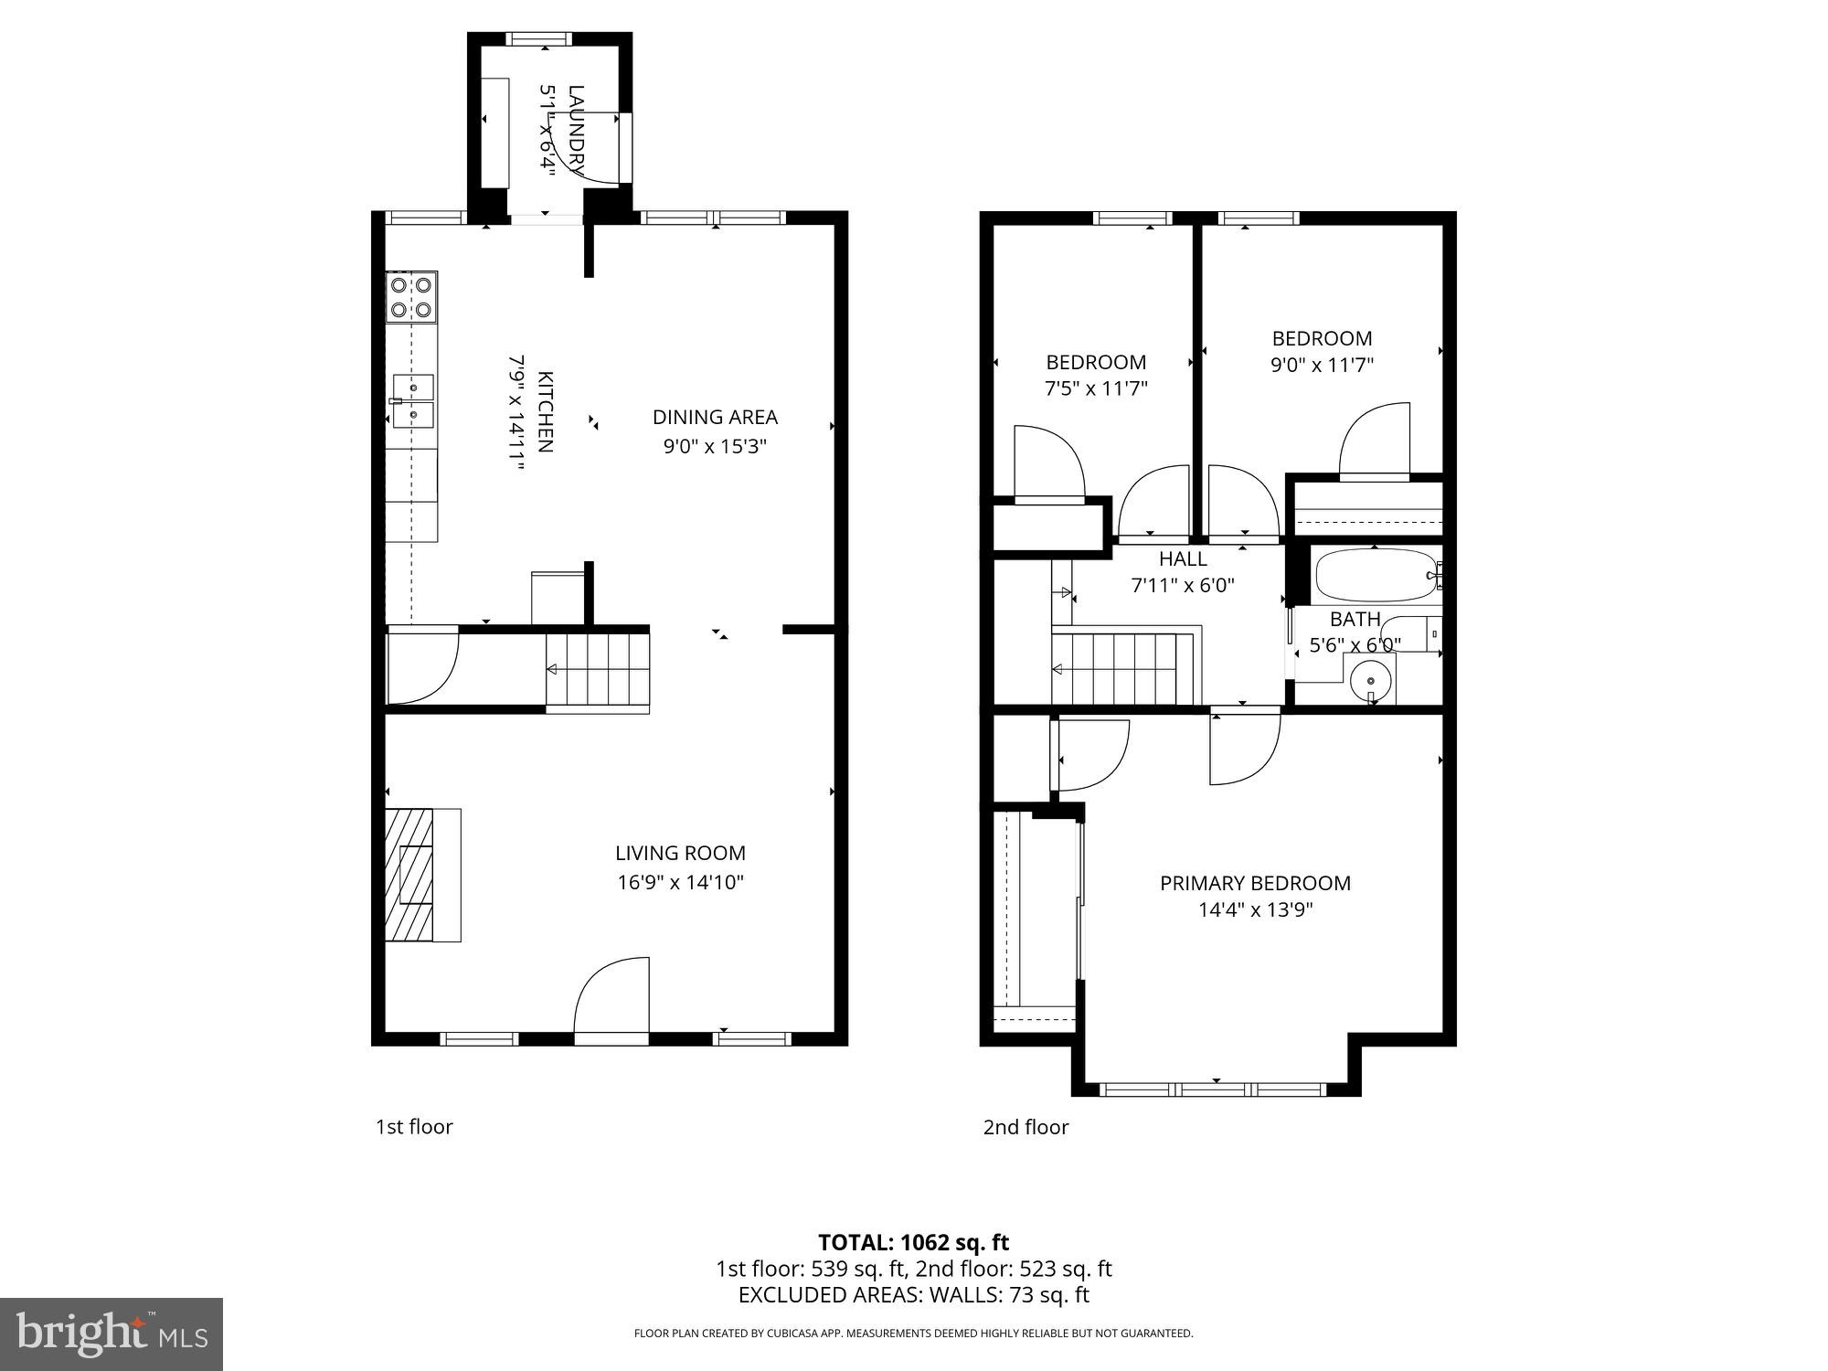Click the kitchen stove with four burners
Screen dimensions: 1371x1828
410,297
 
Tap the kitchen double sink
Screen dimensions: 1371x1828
413,400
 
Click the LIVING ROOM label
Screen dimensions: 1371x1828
680,853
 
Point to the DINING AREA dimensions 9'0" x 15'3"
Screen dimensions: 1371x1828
715,447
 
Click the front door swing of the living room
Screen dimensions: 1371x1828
611,998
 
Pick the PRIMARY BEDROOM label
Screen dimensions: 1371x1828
1255,883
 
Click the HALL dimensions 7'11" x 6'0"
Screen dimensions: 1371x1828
1183,586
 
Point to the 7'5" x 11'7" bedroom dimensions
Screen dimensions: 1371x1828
1096,388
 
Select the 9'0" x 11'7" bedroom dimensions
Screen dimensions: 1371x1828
1322,365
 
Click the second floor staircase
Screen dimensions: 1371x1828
1124,670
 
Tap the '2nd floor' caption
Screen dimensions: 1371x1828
1026,1127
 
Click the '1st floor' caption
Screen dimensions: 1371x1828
414,1127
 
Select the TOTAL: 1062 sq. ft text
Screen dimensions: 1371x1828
913,1242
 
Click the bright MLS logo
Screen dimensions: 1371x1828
111,1334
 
